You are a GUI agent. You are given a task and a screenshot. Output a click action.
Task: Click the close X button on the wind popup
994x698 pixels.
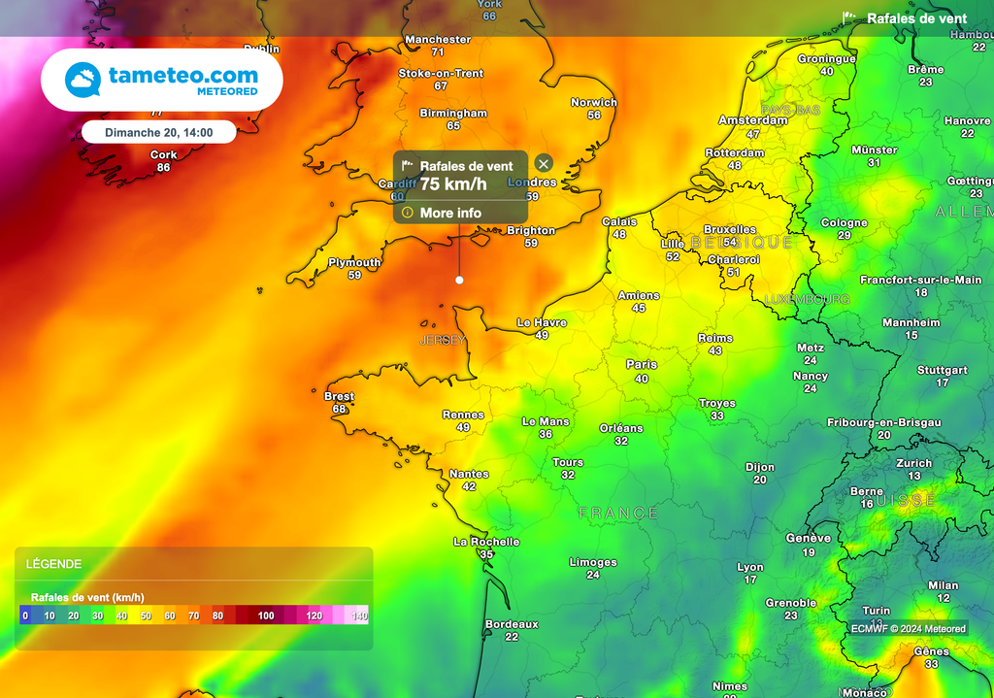[544, 163]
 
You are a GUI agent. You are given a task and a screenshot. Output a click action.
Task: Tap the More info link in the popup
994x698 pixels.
[450, 213]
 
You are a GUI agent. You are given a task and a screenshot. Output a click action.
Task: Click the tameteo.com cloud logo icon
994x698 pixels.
[83, 80]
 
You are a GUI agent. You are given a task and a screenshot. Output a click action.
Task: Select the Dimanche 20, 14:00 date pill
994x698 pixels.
[158, 132]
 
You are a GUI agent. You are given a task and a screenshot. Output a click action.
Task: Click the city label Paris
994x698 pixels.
[642, 365]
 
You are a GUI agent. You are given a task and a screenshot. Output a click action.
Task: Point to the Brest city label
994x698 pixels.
[339, 396]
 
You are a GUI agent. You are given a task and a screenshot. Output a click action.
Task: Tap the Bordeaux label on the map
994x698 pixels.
[512, 624]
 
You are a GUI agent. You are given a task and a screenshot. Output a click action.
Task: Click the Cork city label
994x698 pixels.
[164, 155]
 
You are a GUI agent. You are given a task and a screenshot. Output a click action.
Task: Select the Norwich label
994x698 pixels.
[594, 102]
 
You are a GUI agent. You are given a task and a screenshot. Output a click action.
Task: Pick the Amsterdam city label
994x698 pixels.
[753, 120]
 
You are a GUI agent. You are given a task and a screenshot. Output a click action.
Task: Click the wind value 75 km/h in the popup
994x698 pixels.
[453, 183]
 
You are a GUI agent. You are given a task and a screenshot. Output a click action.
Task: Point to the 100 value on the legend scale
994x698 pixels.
[265, 615]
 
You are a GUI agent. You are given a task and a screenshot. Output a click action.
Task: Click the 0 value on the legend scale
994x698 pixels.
[25, 615]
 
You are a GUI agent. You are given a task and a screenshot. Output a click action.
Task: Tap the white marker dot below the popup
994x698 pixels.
[459, 280]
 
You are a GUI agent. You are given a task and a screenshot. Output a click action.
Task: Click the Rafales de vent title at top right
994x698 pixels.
[916, 18]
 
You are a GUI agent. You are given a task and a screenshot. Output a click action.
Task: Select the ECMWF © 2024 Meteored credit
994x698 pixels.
[909, 628]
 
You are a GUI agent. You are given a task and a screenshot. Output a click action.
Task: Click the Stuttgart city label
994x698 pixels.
[943, 370]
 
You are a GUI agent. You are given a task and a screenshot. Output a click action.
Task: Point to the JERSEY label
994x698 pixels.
[443, 340]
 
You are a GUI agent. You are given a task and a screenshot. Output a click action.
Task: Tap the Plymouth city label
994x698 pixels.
[354, 262]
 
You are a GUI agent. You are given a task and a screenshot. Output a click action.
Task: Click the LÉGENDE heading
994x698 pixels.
[54, 564]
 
